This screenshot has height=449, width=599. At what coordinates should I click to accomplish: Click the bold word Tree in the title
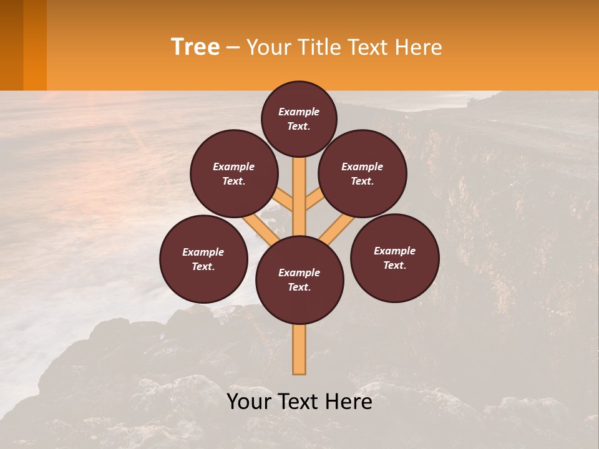[195, 47]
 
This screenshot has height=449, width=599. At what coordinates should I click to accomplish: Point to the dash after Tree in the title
[233, 47]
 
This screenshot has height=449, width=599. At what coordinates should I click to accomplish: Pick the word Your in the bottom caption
[250, 402]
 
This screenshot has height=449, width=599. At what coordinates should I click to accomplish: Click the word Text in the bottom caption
[298, 402]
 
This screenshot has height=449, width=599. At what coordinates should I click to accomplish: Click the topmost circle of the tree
[299, 118]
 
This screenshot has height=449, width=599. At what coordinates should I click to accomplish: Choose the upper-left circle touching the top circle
[234, 173]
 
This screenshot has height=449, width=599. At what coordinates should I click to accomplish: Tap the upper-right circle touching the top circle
[363, 173]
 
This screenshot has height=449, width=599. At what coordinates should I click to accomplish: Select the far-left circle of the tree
[203, 259]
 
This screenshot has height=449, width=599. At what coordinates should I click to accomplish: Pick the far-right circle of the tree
[394, 258]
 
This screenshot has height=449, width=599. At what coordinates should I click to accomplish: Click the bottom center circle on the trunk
[299, 280]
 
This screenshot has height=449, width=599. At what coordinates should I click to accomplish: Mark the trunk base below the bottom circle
[299, 352]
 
